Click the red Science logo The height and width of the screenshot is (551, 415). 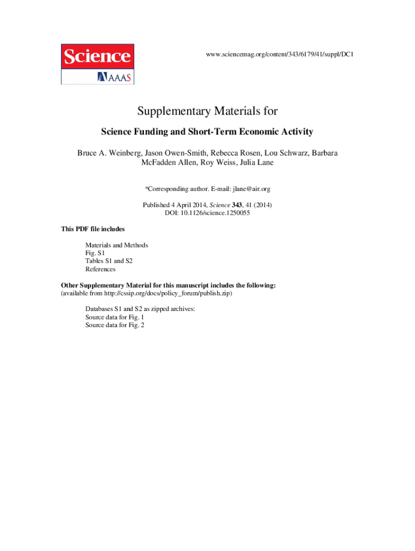coord(97,56)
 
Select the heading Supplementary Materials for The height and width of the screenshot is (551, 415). coord(207,111)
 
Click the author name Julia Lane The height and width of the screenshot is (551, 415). coord(255,163)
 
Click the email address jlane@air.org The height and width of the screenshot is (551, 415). coord(251,189)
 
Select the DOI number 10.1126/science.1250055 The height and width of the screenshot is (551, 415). coord(217,213)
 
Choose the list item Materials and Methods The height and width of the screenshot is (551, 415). coord(116,245)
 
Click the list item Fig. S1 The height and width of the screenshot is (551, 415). coord(95,253)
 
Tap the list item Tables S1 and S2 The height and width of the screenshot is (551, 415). coord(109,261)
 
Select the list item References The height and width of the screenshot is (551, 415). coord(100,269)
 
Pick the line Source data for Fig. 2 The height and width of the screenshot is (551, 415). coord(115,325)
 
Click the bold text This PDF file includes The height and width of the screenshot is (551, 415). coord(93,229)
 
